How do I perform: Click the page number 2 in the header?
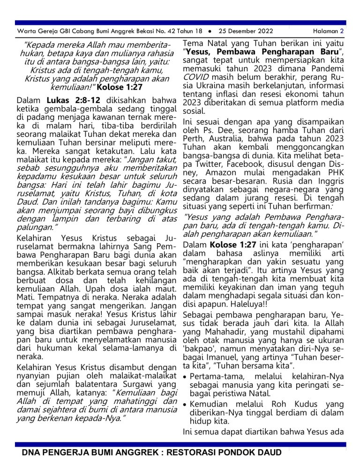pos(342,31)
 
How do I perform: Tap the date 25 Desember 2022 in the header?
pos(243,31)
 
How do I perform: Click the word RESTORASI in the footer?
pos(180,453)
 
